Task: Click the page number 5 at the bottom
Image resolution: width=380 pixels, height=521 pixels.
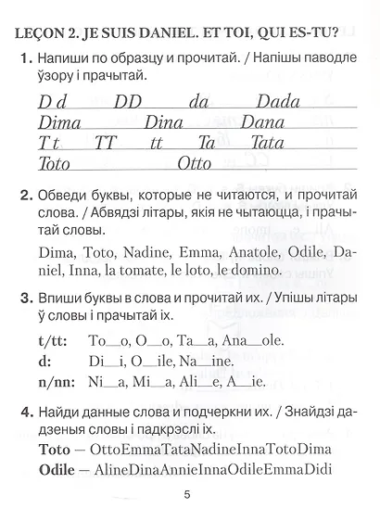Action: click(x=187, y=493)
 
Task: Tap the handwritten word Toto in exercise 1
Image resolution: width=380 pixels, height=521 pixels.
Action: click(x=60, y=165)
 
